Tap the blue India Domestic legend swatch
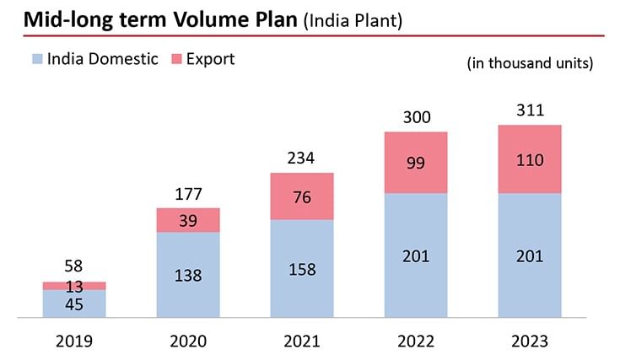(36, 59)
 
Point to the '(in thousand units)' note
(530, 64)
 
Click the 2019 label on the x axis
(74, 341)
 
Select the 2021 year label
(301, 341)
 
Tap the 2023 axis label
(530, 341)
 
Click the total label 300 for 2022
(416, 117)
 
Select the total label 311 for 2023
(530, 110)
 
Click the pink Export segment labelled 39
(188, 219)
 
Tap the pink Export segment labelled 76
(301, 196)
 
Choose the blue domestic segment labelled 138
(188, 276)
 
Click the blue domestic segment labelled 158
(301, 270)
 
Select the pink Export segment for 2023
(530, 159)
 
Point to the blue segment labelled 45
(74, 304)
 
